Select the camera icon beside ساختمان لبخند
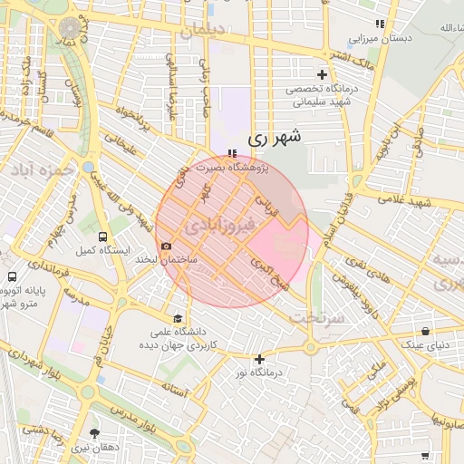tap(166, 246)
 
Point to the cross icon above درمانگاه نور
tap(260, 359)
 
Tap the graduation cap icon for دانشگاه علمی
tap(179, 319)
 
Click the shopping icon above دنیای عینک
tap(425, 331)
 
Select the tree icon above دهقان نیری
tap(95, 434)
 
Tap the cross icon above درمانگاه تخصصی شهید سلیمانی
tap(323, 74)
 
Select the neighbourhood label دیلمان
tap(202, 33)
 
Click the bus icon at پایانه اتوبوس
tap(13, 276)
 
